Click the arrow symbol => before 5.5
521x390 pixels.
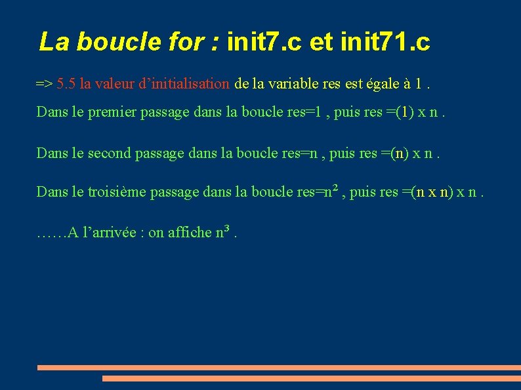[45, 84]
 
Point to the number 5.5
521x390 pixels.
[66, 84]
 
